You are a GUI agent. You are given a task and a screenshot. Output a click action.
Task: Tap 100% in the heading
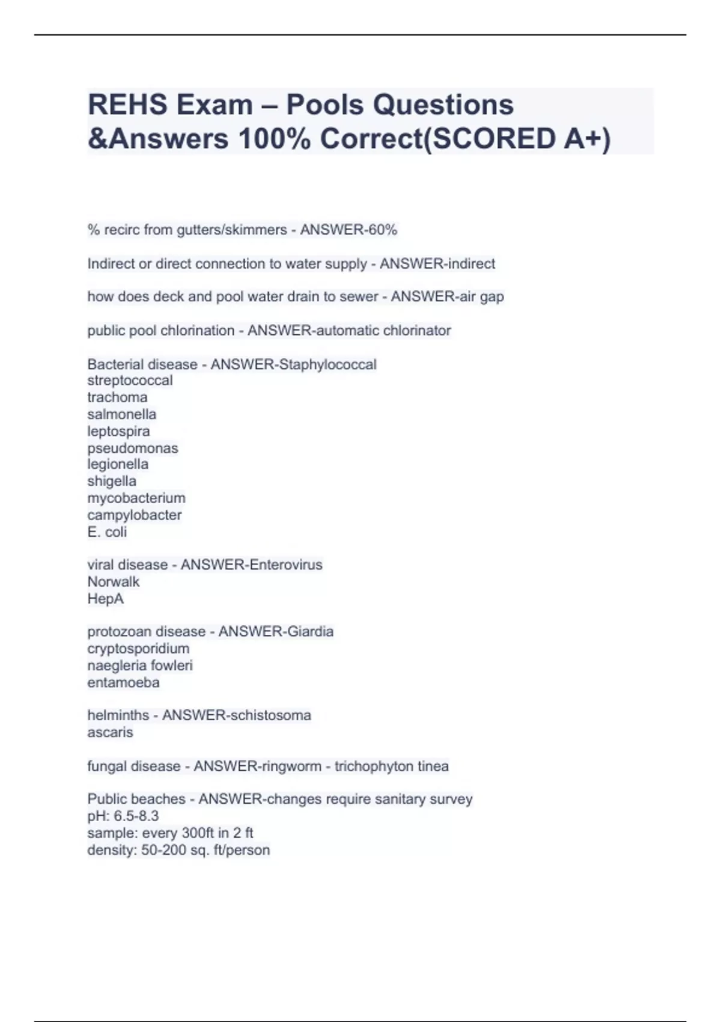pyautogui.click(x=275, y=139)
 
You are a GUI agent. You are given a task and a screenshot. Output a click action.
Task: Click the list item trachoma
pyautogui.click(x=117, y=397)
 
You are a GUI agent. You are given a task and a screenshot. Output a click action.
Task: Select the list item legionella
pyautogui.click(x=118, y=464)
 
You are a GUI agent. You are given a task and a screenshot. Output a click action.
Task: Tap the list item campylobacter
pyautogui.click(x=135, y=515)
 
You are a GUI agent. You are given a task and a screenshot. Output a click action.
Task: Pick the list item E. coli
pyautogui.click(x=107, y=531)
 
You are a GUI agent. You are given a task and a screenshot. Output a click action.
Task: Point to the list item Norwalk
pyautogui.click(x=114, y=581)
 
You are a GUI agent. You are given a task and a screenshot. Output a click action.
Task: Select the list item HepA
pyautogui.click(x=106, y=599)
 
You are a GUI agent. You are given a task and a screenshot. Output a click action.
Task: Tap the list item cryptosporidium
pyautogui.click(x=138, y=649)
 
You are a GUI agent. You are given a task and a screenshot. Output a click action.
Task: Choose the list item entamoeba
pyautogui.click(x=123, y=682)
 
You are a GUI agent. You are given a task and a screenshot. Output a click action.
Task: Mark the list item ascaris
pyautogui.click(x=110, y=732)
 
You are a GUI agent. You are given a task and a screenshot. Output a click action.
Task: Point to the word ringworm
pyautogui.click(x=291, y=766)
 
